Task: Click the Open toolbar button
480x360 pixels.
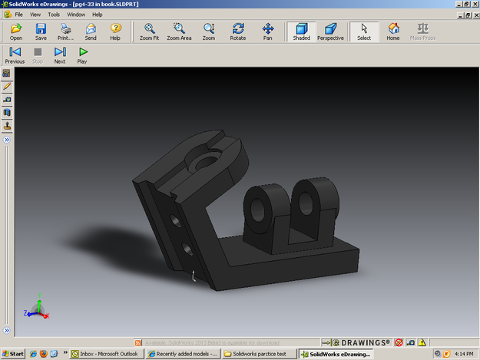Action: pyautogui.click(x=16, y=31)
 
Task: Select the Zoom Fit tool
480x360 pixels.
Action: pyautogui.click(x=150, y=31)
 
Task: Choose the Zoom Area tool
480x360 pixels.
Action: pyautogui.click(x=179, y=31)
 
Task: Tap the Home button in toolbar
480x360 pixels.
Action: pyautogui.click(x=393, y=31)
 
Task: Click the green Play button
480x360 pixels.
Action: pyautogui.click(x=82, y=55)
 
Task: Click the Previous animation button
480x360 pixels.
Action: pyautogui.click(x=15, y=55)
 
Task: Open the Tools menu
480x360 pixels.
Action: pyautogui.click(x=54, y=14)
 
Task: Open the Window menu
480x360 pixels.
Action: pyautogui.click(x=76, y=14)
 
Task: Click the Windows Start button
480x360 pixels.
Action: pyautogui.click(x=13, y=354)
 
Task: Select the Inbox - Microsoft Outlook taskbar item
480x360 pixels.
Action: pyautogui.click(x=105, y=354)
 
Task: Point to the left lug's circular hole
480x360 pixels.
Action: pyautogui.click(x=257, y=206)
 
